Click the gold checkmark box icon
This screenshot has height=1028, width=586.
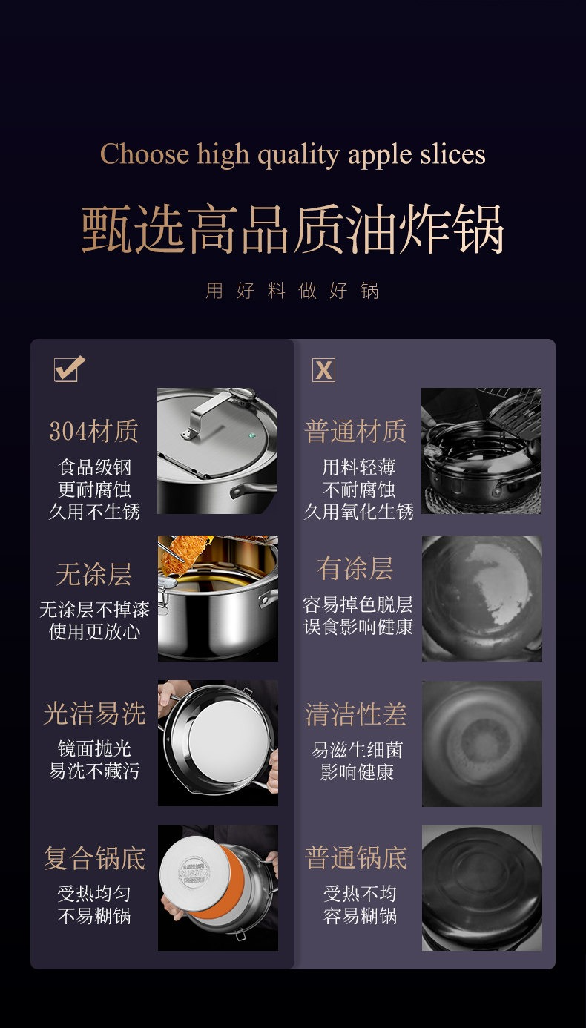[x=69, y=369]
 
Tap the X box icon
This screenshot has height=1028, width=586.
[x=323, y=370]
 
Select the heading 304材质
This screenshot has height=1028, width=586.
[x=93, y=432]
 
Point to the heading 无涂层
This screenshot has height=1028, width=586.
[x=93, y=575]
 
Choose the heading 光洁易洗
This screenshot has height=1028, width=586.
[x=94, y=714]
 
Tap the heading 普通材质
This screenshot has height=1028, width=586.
[x=355, y=432]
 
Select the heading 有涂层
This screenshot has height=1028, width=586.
[x=355, y=569]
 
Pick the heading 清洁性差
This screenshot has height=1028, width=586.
[x=355, y=714]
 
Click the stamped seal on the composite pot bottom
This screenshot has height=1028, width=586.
[x=194, y=871]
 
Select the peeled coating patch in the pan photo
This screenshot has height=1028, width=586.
[x=499, y=579]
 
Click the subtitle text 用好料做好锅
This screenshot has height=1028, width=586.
[x=292, y=291]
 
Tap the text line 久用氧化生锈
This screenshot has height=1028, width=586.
[x=358, y=512]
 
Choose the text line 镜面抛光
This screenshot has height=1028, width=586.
[x=94, y=749]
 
